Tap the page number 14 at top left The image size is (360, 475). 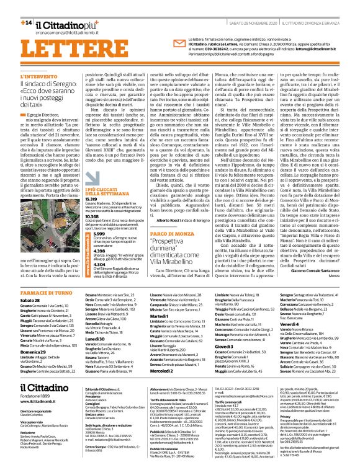[x=26, y=22]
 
